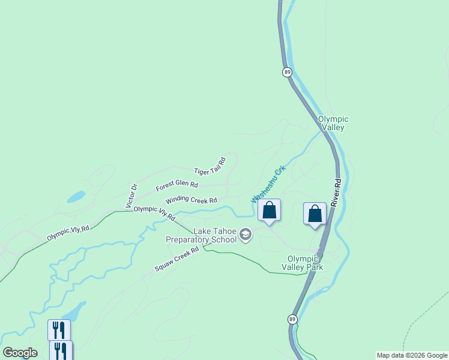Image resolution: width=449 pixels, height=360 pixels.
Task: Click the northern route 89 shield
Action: (x=288, y=72)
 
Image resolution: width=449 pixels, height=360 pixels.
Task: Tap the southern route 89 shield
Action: (x=292, y=319)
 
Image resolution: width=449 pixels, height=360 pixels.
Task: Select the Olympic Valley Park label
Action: (x=303, y=263)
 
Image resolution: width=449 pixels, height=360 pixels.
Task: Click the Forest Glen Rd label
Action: (x=176, y=187)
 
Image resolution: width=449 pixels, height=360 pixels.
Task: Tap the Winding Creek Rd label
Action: (x=191, y=200)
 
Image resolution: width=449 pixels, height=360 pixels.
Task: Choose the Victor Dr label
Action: (x=131, y=196)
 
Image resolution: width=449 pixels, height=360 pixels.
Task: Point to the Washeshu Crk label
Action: (x=268, y=182)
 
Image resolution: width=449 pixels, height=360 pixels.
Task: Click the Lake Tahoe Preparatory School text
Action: (x=201, y=235)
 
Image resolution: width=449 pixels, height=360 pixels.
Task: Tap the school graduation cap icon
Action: (x=245, y=234)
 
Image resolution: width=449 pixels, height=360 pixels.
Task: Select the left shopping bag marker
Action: (x=270, y=211)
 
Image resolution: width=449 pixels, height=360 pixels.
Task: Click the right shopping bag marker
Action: (x=315, y=214)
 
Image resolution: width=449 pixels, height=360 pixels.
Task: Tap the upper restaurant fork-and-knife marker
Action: (x=59, y=330)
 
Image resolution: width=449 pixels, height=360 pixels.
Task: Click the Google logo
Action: (x=20, y=353)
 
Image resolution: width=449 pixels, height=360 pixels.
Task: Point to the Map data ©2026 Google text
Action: (x=412, y=355)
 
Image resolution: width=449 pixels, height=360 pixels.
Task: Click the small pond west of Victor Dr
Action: (x=76, y=196)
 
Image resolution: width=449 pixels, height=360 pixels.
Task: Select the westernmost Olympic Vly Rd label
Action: (x=68, y=233)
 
